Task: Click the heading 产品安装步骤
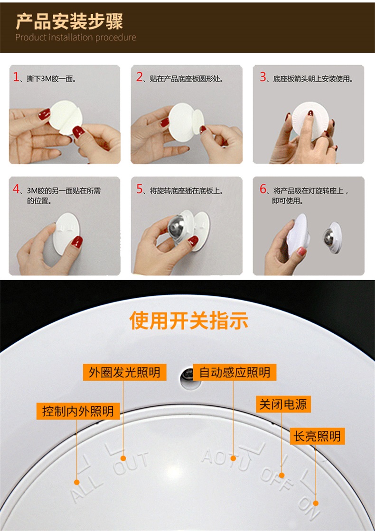click(69, 22)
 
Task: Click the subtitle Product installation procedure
click(75, 37)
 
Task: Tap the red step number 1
click(16, 77)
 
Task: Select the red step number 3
click(263, 77)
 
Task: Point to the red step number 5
click(140, 189)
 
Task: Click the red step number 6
click(263, 189)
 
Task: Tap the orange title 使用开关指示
click(189, 320)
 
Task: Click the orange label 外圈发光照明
click(124, 372)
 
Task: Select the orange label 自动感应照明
click(234, 372)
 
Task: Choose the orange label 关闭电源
click(283, 404)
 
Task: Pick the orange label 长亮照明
click(318, 436)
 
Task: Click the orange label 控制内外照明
click(78, 411)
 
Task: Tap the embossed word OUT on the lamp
click(131, 463)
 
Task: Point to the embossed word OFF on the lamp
click(277, 479)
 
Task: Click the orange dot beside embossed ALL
click(77, 482)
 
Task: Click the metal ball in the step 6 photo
click(329, 237)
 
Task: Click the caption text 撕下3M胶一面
click(51, 79)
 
